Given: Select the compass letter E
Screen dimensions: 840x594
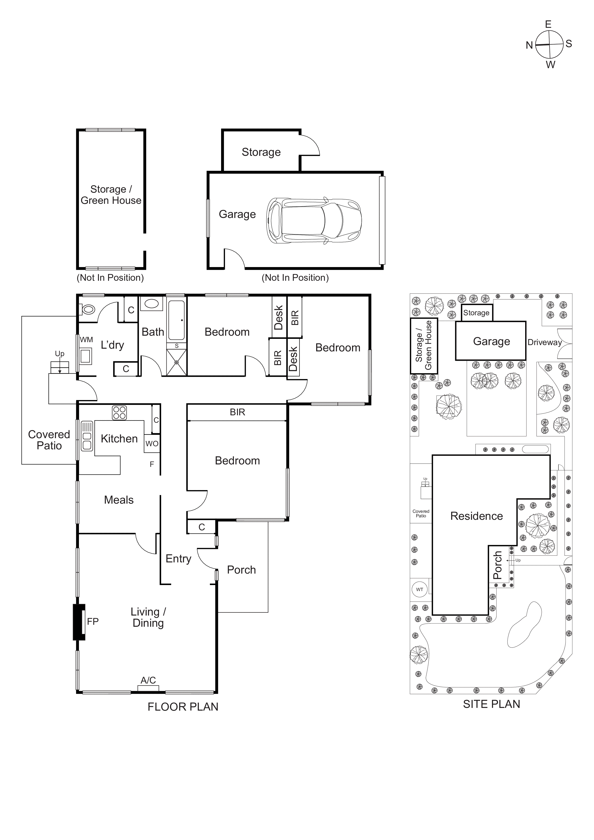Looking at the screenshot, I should (x=548, y=24).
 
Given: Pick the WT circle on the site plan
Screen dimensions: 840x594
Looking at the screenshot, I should (x=419, y=589).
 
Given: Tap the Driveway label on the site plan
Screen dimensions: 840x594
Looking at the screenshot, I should (x=544, y=342).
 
